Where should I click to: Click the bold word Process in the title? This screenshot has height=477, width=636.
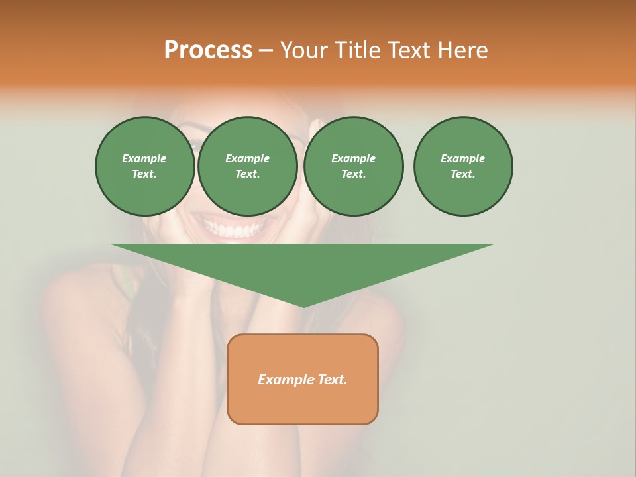[x=208, y=50]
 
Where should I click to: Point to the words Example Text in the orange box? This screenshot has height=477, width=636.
[x=303, y=380]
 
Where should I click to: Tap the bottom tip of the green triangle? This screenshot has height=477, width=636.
[x=303, y=305]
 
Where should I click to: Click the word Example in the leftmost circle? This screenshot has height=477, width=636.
[x=144, y=158]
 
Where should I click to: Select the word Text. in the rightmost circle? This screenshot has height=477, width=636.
[x=463, y=174]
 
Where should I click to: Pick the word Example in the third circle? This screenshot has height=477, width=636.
[x=353, y=158]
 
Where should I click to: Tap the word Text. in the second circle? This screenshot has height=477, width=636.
[x=247, y=174]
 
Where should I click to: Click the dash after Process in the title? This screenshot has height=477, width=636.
[x=266, y=50]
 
